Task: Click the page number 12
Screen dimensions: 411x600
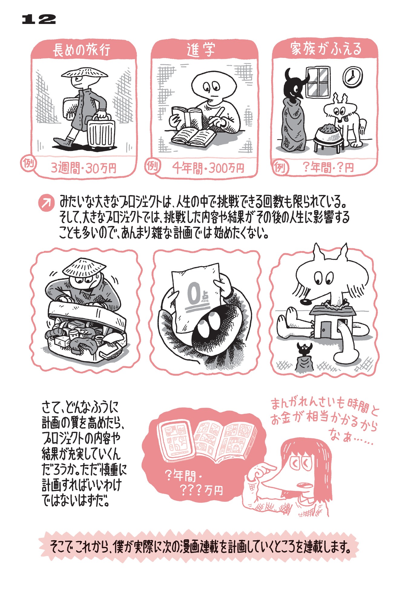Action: [x=39, y=19]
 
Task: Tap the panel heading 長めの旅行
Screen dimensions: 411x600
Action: [x=82, y=50]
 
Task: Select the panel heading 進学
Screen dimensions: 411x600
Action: [x=201, y=50]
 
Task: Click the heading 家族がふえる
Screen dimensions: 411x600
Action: [x=326, y=49]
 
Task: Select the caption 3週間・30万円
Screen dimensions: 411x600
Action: [x=84, y=168]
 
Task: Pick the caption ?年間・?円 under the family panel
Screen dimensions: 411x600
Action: [x=328, y=167]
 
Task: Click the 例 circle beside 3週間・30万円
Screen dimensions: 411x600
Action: [x=28, y=163]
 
